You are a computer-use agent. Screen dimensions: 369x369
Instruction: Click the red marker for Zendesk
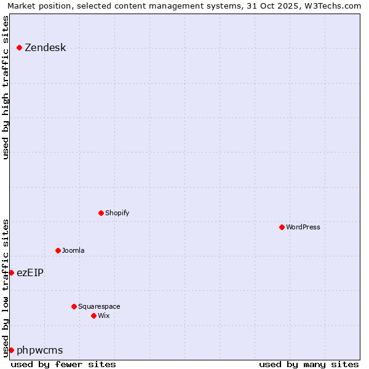click(20, 47)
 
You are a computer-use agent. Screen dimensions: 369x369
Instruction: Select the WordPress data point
click(282, 227)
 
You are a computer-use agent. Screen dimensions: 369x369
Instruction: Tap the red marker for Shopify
click(101, 213)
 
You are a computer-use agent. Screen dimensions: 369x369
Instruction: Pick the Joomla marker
click(58, 250)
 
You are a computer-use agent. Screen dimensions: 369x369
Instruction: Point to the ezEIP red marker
click(11, 272)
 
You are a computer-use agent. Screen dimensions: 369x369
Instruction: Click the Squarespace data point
click(74, 306)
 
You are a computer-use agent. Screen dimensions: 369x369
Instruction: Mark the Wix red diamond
click(94, 315)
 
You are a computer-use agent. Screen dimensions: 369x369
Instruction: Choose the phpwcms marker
click(11, 350)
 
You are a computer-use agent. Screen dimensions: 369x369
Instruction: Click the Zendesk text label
click(45, 47)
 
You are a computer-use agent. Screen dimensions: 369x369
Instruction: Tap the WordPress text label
click(303, 227)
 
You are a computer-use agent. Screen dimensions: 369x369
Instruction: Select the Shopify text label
click(117, 213)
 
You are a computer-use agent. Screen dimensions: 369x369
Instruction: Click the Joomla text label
click(73, 250)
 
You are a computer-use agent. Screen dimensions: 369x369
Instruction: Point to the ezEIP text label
click(30, 272)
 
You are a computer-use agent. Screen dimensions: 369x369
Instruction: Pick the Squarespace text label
click(99, 306)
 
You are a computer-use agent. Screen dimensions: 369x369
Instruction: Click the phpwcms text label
click(40, 350)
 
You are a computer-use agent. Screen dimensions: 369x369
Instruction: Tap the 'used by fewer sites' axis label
click(63, 364)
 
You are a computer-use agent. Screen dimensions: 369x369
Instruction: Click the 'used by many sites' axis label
click(309, 364)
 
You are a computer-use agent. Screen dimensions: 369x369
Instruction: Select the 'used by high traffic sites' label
click(6, 87)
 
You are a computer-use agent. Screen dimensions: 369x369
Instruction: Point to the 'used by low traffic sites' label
click(6, 287)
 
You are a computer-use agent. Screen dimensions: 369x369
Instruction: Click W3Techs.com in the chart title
click(332, 6)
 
